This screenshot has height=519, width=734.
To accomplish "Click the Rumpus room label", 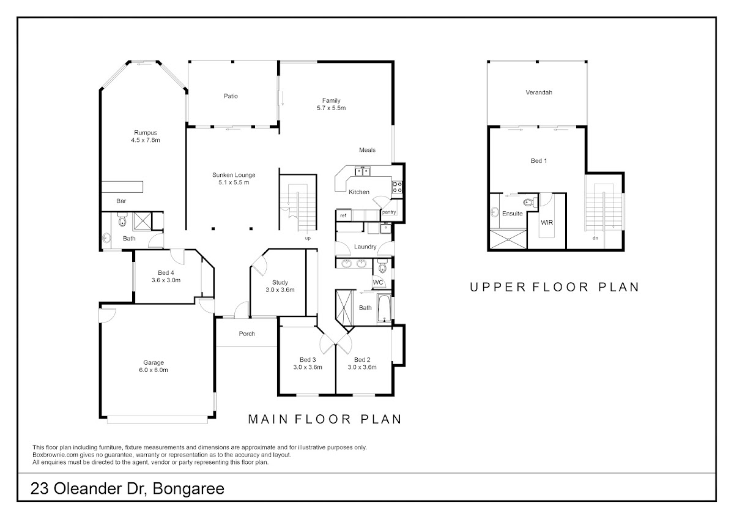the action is (x=146, y=136).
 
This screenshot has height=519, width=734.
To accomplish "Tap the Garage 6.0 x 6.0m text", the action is (x=154, y=366).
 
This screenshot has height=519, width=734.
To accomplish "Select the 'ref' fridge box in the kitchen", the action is (x=343, y=215).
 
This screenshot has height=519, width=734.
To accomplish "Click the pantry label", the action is (x=389, y=212).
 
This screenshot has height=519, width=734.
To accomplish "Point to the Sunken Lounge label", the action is (x=234, y=179).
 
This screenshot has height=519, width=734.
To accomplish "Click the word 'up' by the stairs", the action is (x=308, y=238).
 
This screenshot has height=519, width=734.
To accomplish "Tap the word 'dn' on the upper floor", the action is (x=595, y=237).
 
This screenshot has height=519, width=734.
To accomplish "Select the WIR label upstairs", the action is (x=547, y=223).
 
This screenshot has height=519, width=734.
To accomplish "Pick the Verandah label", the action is (x=539, y=92).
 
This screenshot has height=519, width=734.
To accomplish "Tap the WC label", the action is (x=378, y=283).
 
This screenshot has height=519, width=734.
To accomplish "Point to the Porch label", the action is (x=247, y=334).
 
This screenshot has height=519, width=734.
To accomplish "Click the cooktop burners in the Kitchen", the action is (x=397, y=187).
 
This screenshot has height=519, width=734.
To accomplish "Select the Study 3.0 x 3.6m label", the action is (x=280, y=286).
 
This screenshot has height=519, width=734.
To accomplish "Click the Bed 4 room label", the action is (x=166, y=277).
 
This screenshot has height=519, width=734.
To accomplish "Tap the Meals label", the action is (x=367, y=150).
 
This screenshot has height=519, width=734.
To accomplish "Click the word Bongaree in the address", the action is (x=188, y=488).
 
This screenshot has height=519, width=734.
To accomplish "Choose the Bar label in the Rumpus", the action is (x=121, y=201).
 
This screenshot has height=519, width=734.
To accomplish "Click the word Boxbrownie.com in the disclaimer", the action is (x=56, y=455).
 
